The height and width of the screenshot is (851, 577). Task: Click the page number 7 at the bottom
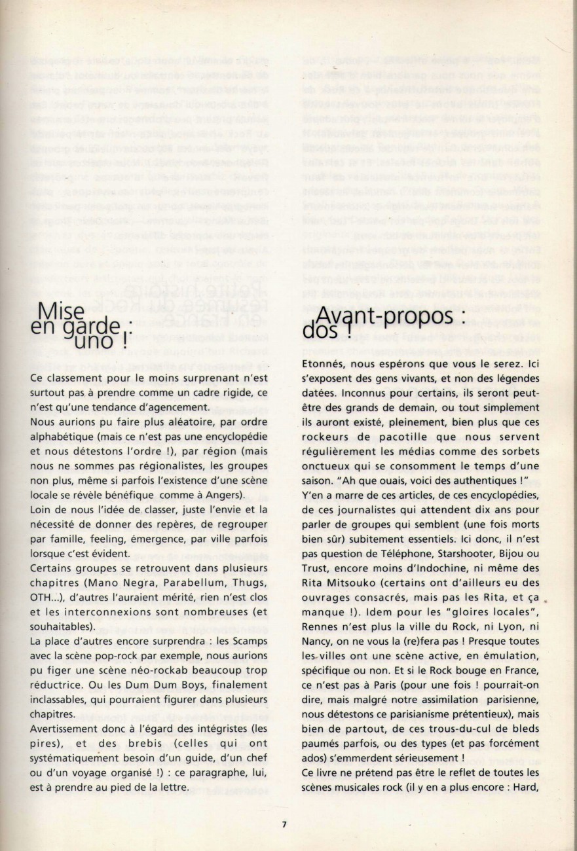(284, 824)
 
